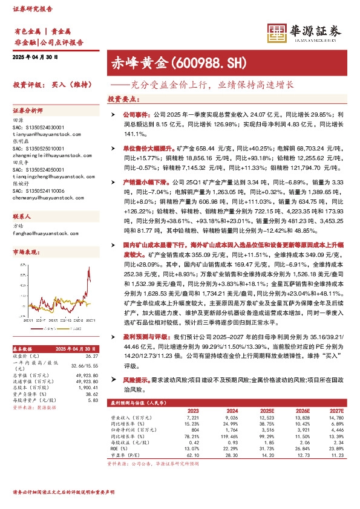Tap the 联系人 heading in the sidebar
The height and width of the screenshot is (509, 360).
point(22,215)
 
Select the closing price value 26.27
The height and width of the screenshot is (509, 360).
point(91,355)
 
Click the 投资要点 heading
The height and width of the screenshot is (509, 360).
point(123,98)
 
